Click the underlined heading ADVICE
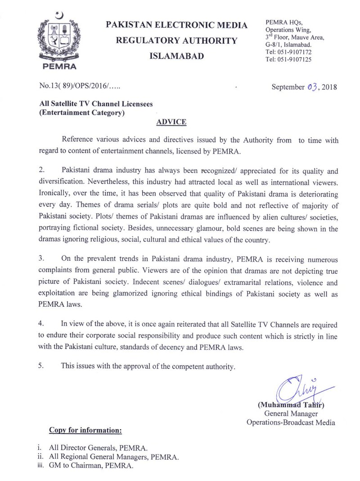coord(171,122)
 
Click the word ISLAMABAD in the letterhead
coord(176,56)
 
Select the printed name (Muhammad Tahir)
coord(291,404)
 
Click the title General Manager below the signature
coord(291,413)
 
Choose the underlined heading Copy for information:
coord(85,431)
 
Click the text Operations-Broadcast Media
coord(291,422)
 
